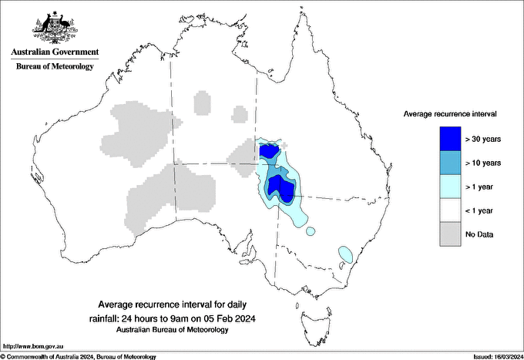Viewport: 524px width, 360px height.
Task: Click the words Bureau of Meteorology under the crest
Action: (55, 66)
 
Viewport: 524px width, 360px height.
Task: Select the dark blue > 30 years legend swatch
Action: (450, 138)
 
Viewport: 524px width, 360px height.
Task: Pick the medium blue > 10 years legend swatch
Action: (450, 162)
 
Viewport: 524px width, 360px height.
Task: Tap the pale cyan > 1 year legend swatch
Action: (450, 186)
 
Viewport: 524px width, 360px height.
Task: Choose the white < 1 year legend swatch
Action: (450, 210)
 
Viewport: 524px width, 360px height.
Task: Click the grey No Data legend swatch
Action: (450, 234)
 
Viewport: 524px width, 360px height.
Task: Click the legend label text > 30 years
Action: (483, 139)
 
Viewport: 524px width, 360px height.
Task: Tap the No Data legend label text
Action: (480, 234)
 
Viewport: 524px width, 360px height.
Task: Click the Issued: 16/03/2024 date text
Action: (492, 356)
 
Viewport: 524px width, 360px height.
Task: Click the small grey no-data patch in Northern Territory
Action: (240, 116)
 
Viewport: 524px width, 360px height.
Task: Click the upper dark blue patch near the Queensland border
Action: (269, 150)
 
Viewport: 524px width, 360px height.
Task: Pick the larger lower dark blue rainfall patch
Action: (280, 187)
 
